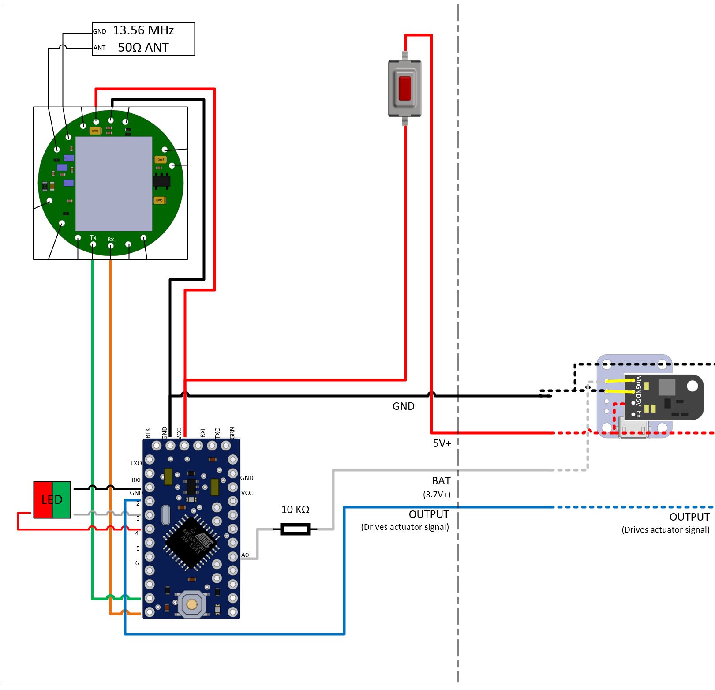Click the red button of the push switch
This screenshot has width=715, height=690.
pyautogui.click(x=404, y=88)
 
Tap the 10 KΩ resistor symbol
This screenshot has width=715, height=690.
pyautogui.click(x=295, y=529)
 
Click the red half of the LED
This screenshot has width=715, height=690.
pyautogui.click(x=43, y=499)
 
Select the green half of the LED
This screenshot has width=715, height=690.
pyautogui.click(x=62, y=499)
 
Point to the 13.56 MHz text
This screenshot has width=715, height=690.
pyautogui.click(x=143, y=30)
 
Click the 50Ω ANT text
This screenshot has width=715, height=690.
pyautogui.click(x=143, y=47)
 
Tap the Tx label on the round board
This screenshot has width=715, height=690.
pyautogui.click(x=93, y=237)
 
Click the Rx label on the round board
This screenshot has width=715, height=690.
pyautogui.click(x=111, y=239)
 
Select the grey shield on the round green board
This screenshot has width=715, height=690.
pyautogui.click(x=114, y=183)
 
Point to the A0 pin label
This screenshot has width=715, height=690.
pyautogui.click(x=245, y=555)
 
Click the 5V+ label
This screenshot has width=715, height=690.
pyautogui.click(x=442, y=443)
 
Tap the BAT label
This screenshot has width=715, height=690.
pyautogui.click(x=441, y=481)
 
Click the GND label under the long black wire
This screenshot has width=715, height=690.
pyautogui.click(x=403, y=406)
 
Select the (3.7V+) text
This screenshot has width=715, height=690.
pyautogui.click(x=437, y=494)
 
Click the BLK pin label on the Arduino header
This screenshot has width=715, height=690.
pyautogui.click(x=148, y=432)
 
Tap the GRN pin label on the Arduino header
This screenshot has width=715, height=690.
pyautogui.click(x=232, y=432)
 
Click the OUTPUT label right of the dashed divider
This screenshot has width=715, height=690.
pyautogui.click(x=689, y=517)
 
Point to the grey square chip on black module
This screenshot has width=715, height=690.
pyautogui.click(x=666, y=387)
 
